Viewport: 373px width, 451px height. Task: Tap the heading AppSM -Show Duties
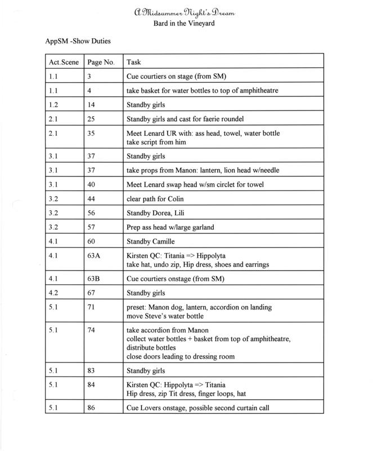79,42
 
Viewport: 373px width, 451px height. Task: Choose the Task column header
134,61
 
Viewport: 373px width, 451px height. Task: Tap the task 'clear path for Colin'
158,200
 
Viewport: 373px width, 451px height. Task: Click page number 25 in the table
91,119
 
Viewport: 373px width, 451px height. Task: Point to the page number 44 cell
91,200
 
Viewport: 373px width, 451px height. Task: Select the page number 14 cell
91,104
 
